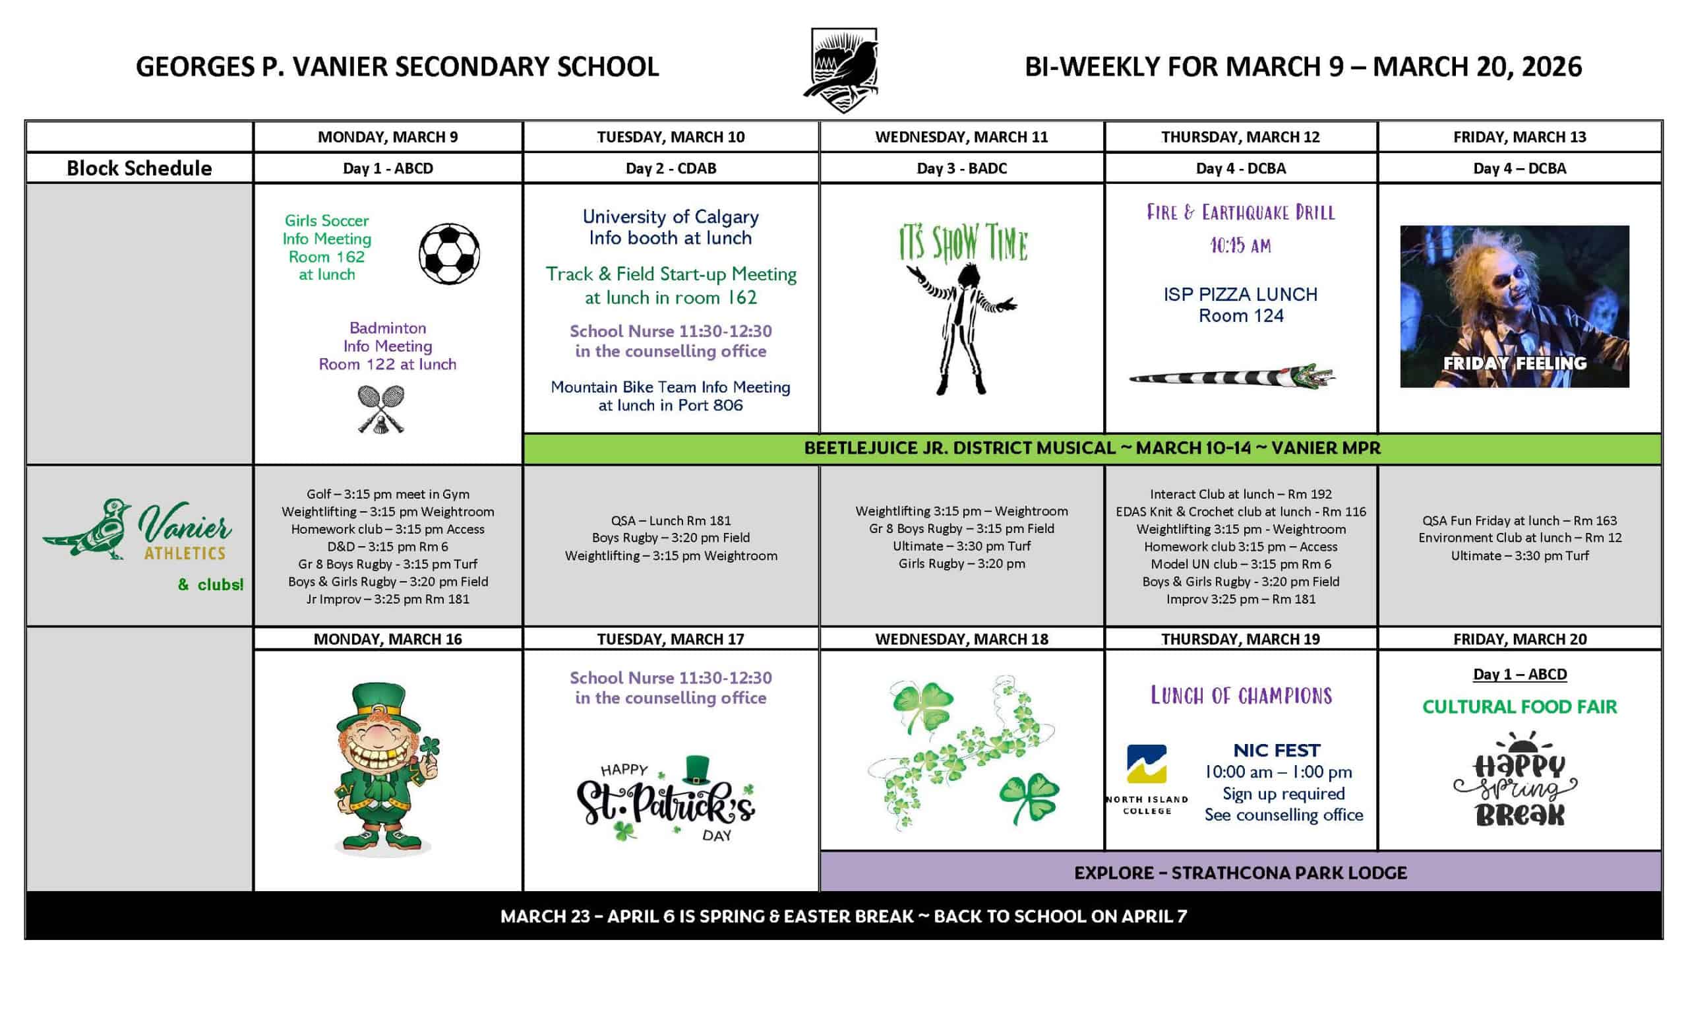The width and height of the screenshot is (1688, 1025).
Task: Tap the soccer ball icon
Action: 449,253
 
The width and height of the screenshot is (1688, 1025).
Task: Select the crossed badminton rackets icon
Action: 381,409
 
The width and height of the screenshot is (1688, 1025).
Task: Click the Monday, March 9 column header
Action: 388,137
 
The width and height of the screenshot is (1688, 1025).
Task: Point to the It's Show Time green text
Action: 963,243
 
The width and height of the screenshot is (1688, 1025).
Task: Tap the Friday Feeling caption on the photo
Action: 1514,363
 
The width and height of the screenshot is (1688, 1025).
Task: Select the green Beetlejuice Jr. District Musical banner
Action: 1092,448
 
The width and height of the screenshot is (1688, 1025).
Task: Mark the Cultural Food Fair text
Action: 1519,706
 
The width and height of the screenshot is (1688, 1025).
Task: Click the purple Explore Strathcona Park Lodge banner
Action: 1240,872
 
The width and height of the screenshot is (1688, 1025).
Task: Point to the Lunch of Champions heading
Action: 1241,696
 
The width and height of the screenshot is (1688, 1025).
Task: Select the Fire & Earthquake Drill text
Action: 1241,212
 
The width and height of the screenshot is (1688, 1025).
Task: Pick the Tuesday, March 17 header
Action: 670,638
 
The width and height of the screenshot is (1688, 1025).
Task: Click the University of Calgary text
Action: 670,217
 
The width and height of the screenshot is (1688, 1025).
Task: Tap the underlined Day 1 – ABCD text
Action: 1519,674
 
